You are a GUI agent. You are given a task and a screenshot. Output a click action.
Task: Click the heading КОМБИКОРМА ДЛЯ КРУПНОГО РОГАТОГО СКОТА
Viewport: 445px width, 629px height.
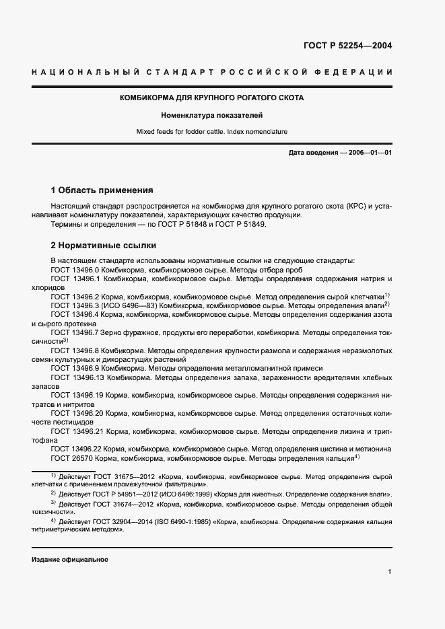[211, 98]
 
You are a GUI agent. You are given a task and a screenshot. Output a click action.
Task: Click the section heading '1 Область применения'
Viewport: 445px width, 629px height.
[102, 190]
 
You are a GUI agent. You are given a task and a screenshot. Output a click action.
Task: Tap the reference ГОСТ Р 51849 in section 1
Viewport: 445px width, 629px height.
[243, 225]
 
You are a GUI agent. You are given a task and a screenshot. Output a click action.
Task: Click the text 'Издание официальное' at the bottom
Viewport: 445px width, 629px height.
[69, 560]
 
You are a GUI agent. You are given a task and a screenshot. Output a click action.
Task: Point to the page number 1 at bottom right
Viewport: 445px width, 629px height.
[390, 572]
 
